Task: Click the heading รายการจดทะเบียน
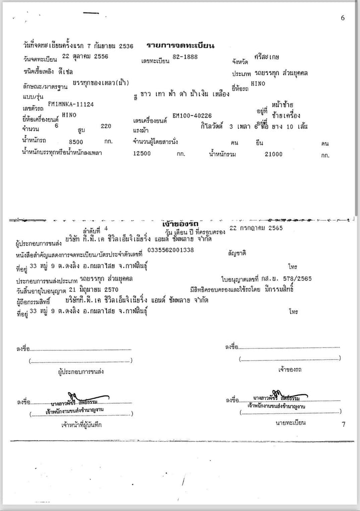pyautogui.click(x=180, y=46)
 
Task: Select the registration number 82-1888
pyautogui.click(x=184, y=57)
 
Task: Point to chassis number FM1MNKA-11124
pyautogui.click(x=71, y=104)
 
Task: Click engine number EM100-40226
pyautogui.click(x=192, y=116)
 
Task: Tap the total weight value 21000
pyautogui.click(x=273, y=154)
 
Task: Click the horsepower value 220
pyautogui.click(x=106, y=127)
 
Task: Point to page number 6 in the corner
pyautogui.click(x=343, y=18)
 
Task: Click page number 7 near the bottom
pyautogui.click(x=343, y=425)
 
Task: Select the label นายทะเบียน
pyautogui.click(x=291, y=423)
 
